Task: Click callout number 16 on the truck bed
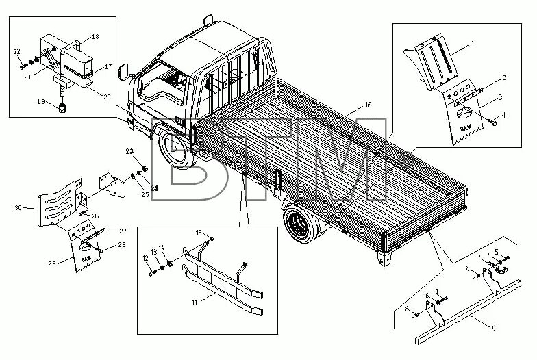pyautogui.click(x=368, y=105)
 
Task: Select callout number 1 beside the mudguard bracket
pyautogui.click(x=471, y=44)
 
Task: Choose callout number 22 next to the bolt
pyautogui.click(x=16, y=51)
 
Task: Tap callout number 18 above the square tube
pyautogui.click(x=95, y=36)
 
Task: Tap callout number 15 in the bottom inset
pyautogui.click(x=199, y=233)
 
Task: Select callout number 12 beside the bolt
pyautogui.click(x=146, y=258)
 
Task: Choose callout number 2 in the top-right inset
pyautogui.click(x=504, y=79)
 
